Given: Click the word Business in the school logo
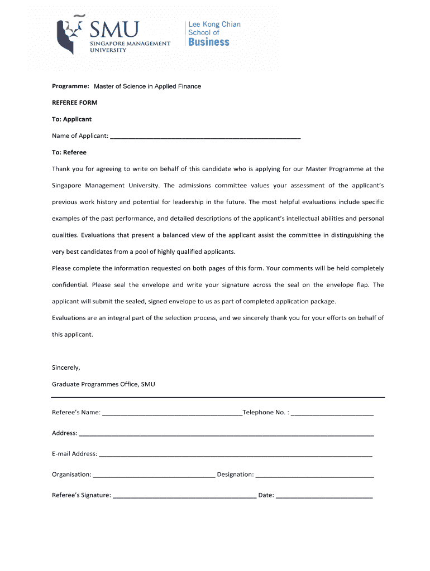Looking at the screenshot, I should pos(209,42).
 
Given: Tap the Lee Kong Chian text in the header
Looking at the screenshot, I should pos(214,25).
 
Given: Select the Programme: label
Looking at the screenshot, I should pos(70,86).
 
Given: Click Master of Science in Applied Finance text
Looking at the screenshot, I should pos(147,86).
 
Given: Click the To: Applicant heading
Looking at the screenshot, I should pos(71,119).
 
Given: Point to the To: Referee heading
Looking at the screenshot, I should pos(69,152).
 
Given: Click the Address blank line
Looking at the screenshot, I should pos(226,433).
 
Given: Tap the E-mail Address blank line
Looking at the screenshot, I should pos(235,453).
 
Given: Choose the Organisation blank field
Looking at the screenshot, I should pos(154,474).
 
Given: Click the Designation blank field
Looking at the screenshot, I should pos(314,474).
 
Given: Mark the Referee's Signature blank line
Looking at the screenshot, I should pos(184,495).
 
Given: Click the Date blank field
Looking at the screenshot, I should pos(324,495).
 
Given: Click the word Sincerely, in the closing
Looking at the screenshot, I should pos(66,367).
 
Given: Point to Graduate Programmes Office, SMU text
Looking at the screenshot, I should pos(103,384).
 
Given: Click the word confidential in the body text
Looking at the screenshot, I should pos(70,285).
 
